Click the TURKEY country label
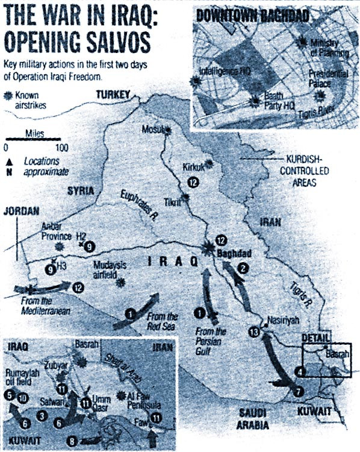113,95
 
